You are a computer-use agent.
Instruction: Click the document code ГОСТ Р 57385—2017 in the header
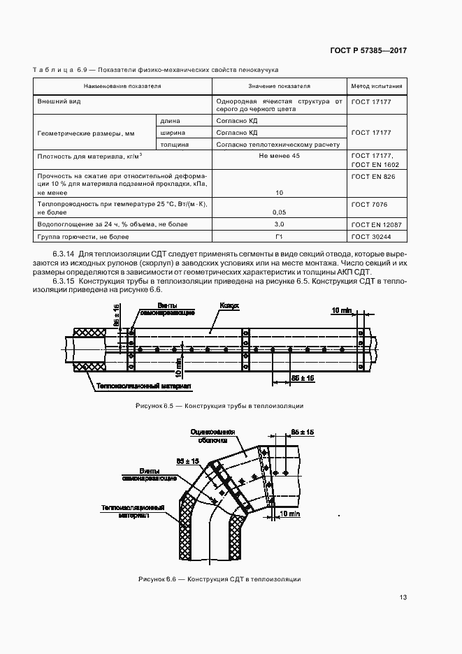click(x=368, y=51)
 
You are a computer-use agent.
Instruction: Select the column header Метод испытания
click(x=376, y=87)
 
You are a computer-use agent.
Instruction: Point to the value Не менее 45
click(x=279, y=156)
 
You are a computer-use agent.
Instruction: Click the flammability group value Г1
click(x=279, y=238)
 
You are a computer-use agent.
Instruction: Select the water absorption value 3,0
click(x=279, y=224)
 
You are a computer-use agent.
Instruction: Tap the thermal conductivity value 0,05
click(x=279, y=211)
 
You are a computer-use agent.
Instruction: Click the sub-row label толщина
click(x=173, y=144)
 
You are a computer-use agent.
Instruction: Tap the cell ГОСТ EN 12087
click(x=375, y=224)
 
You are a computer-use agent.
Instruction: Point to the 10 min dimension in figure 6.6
click(x=289, y=514)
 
